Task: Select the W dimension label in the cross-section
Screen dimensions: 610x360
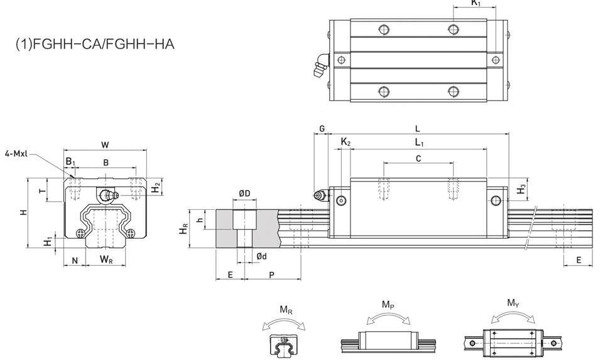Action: click(105, 145)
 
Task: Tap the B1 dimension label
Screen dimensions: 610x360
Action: click(70, 161)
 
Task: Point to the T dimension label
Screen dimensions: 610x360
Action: click(43, 190)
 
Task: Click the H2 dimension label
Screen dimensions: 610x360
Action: click(156, 187)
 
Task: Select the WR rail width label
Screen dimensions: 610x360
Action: click(106, 259)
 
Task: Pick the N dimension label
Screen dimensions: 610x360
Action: click(75, 261)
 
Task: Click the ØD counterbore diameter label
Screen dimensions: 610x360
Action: click(244, 194)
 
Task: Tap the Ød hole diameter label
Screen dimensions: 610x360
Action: click(262, 256)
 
